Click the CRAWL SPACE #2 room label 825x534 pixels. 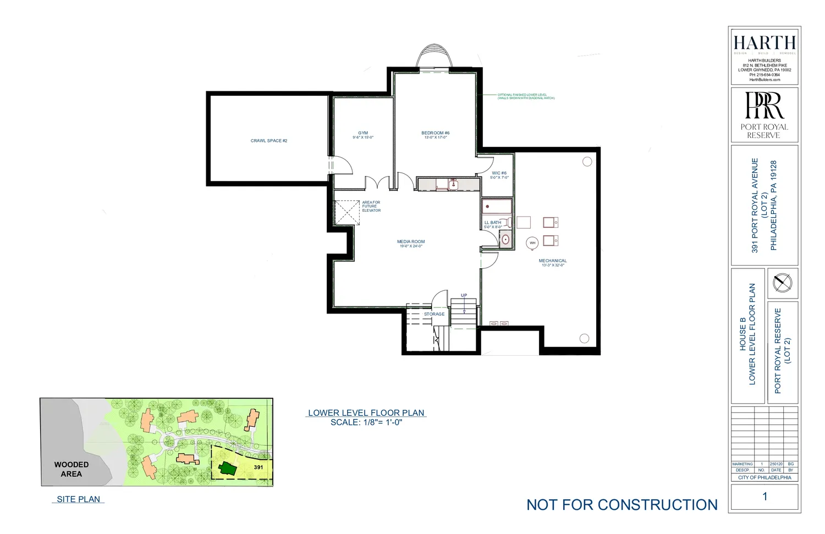[269, 141]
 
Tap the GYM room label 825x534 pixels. [363, 133]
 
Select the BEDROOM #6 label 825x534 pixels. [436, 133]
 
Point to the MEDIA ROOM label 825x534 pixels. [411, 242]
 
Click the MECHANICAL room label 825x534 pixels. [553, 261]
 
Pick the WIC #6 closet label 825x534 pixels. [499, 173]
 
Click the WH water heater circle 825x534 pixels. [532, 243]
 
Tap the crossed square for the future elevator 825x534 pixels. [347, 212]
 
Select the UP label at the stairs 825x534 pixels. [464, 295]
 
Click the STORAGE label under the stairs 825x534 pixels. [434, 315]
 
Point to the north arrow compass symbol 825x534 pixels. [782, 283]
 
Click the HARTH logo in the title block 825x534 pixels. [765, 43]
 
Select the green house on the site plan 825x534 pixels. [228, 469]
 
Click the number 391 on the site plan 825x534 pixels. [258, 467]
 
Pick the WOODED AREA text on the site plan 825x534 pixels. [71, 469]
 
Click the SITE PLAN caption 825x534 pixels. [79, 499]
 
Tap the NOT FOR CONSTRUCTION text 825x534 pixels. [622, 505]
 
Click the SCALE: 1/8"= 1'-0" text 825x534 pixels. [366, 422]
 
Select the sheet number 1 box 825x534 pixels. [765, 497]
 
